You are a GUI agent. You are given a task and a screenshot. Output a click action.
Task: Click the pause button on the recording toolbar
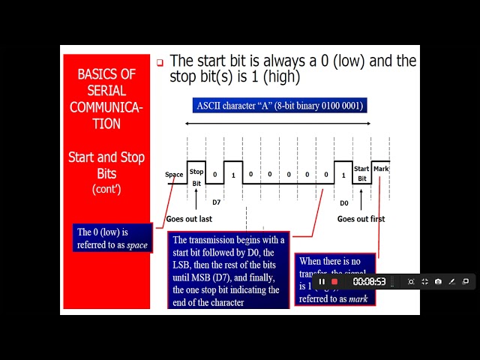coord(322,282)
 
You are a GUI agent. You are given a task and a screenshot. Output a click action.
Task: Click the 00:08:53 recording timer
coord(369,282)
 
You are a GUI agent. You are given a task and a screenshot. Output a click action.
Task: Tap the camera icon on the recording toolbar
coord(438,282)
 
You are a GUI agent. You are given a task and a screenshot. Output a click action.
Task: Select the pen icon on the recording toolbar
coord(451,282)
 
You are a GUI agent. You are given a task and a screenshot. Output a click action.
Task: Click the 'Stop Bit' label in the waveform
coord(196,177)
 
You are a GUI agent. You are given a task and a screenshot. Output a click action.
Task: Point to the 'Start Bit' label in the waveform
coord(361,174)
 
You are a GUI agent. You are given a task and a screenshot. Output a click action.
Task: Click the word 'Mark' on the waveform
coord(381,169)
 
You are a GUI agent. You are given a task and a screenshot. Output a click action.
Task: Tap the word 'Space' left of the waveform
coord(174,175)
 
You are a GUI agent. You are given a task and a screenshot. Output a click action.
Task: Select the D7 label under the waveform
coord(216,202)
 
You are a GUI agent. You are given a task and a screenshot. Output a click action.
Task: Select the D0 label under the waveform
coord(343,202)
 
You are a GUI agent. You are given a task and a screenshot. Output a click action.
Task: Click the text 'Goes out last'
coord(189,219)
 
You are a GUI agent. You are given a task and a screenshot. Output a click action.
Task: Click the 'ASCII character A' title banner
coord(279,106)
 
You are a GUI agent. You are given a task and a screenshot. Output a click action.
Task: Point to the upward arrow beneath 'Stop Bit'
coord(196,199)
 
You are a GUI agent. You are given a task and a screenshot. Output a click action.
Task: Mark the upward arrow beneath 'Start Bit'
coord(361,199)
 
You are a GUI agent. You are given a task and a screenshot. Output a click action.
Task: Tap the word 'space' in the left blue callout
coord(136,244)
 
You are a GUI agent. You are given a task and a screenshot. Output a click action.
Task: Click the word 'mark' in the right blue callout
coord(357,298)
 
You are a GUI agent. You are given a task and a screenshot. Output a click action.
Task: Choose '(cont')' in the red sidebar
coord(106,189)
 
